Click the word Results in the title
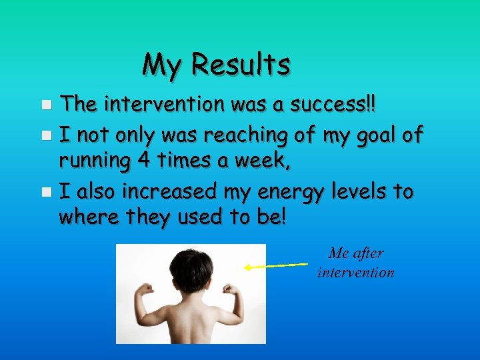click(x=241, y=65)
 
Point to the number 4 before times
click(x=149, y=162)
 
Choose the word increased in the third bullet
click(x=170, y=192)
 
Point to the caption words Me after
click(x=357, y=254)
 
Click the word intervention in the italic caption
click(x=356, y=273)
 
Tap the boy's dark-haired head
click(x=191, y=267)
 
